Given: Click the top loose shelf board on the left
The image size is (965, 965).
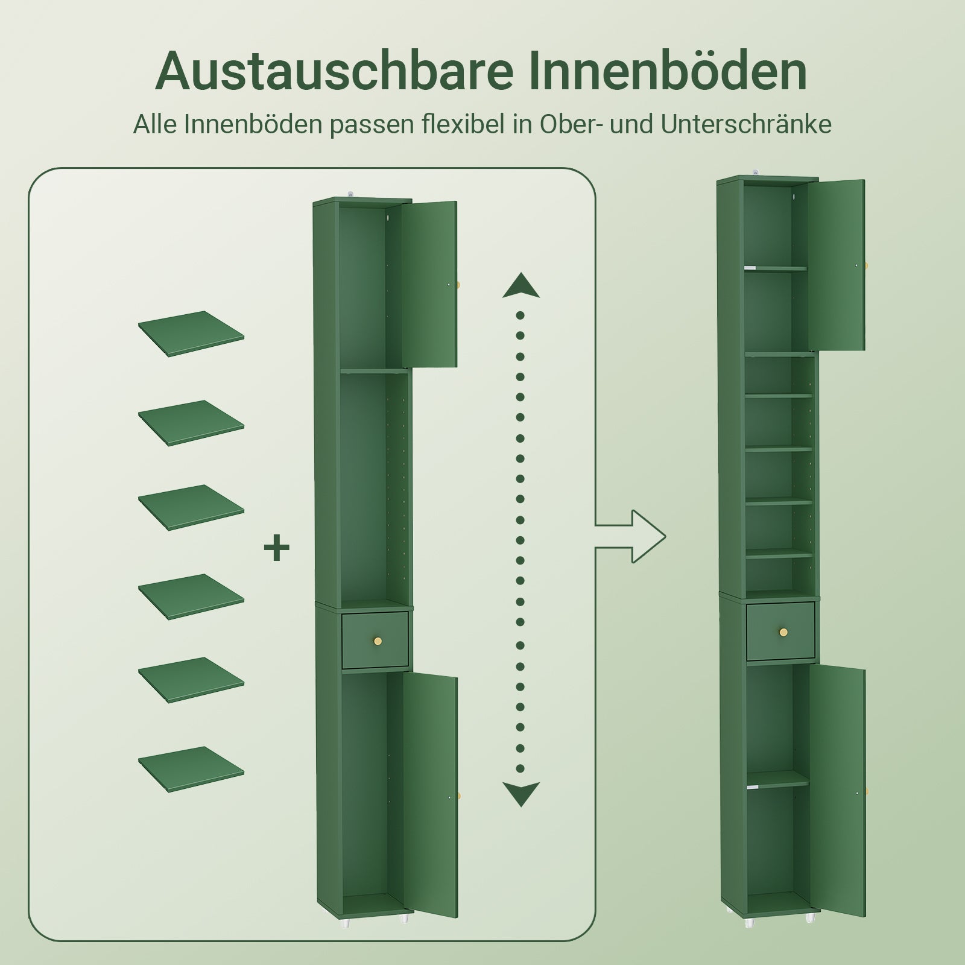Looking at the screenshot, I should point(191,333).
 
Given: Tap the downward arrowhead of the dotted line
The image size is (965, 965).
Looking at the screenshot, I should point(520,793).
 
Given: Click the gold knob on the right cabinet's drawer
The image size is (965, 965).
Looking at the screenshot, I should point(783,632).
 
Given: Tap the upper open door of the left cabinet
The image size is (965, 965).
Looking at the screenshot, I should point(429,283).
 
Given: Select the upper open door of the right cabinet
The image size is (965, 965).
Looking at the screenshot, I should point(837,264).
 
